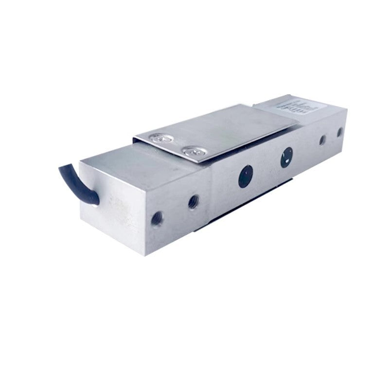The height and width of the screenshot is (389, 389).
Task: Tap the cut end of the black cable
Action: point(62,169)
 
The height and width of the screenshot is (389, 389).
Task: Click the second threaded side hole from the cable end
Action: point(194,200)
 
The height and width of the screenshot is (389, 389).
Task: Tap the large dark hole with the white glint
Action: point(286,158)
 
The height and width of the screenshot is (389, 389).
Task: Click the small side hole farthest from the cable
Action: point(339,133)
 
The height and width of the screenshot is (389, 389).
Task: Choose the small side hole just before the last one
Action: point(321,141)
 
